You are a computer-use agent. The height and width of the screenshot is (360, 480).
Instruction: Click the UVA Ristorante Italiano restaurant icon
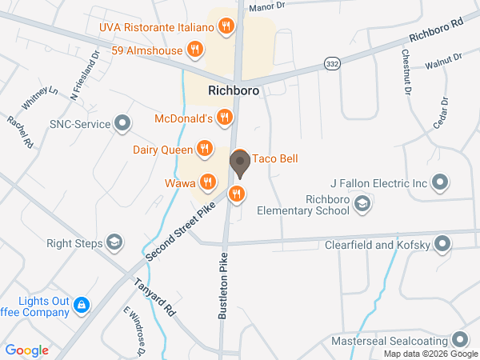point(226,26)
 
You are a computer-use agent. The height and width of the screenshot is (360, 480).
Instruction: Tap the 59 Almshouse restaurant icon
point(194,50)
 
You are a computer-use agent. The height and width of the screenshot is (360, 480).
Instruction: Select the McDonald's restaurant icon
point(225,119)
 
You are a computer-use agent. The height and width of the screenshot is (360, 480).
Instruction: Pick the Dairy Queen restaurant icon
point(205,148)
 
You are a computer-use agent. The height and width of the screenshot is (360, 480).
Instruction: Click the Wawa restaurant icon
point(207,182)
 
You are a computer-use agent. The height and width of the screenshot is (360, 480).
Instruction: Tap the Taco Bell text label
point(275,159)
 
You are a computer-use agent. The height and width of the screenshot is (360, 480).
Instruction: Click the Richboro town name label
point(233,91)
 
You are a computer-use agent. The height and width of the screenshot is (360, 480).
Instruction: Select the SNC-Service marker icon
point(122,123)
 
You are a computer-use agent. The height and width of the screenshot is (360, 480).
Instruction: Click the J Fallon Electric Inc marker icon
point(439,183)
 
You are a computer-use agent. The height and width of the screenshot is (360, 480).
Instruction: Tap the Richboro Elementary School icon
point(362,205)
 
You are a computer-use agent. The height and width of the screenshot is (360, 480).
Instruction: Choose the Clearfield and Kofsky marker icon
point(442,244)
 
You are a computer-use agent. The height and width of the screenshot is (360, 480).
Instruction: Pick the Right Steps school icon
point(115,242)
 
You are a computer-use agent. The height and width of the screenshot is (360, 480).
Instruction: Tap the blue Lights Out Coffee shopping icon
point(82,305)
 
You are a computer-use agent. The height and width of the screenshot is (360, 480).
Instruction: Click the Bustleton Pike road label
point(224,286)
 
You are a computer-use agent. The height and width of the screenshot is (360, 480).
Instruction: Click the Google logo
point(27,350)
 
